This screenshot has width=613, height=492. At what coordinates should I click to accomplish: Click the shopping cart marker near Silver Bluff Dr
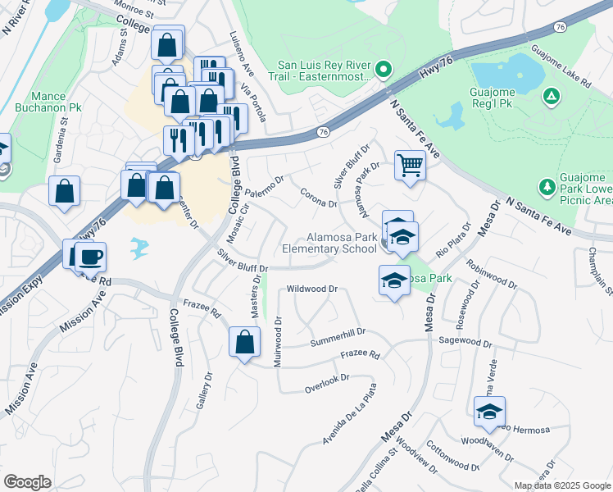410,165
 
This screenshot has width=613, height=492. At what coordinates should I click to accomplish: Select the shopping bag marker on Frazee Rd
244,343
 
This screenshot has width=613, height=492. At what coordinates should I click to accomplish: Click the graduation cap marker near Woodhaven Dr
488,412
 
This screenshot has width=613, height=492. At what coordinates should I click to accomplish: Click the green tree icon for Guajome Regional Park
553,97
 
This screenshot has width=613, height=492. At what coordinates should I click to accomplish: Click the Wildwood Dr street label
312,289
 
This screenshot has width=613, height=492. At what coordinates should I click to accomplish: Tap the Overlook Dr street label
327,380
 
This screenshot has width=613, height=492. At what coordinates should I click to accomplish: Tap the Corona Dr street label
320,198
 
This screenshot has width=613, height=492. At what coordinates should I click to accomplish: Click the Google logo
27,482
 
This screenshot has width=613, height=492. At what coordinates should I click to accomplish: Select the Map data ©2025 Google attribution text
562,485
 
